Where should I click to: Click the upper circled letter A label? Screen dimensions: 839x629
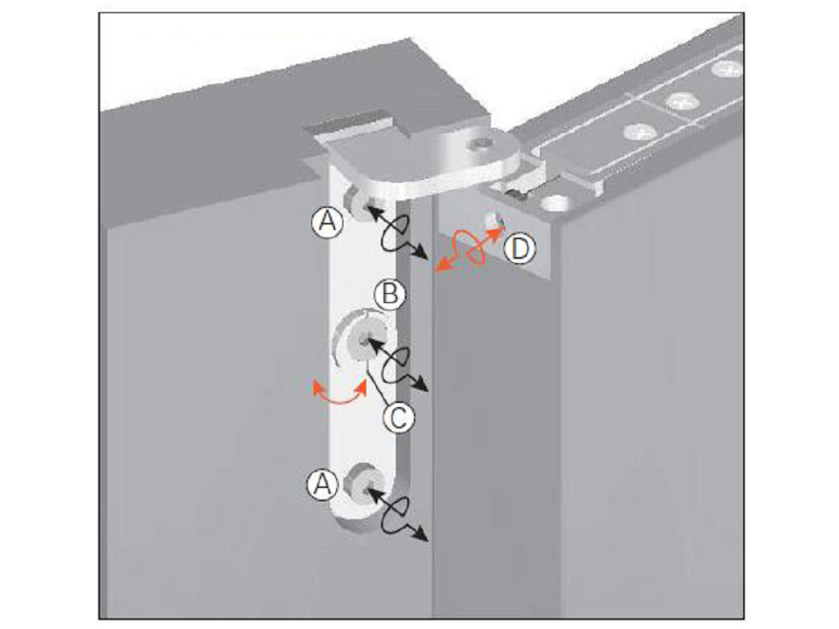click(x=328, y=221)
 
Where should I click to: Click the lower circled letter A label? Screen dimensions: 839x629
click(x=322, y=485)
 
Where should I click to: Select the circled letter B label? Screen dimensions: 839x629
click(x=390, y=295)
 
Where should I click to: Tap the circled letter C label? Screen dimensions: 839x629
click(x=399, y=417)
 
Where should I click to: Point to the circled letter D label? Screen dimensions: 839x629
click(x=519, y=249)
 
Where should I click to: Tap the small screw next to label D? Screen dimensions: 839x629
click(x=492, y=219)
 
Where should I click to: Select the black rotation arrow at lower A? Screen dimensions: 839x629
click(x=397, y=514)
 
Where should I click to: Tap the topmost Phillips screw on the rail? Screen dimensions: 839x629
click(x=726, y=69)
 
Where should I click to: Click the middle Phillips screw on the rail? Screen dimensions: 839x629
click(x=681, y=101)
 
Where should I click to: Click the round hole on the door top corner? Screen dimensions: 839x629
click(x=556, y=203)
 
